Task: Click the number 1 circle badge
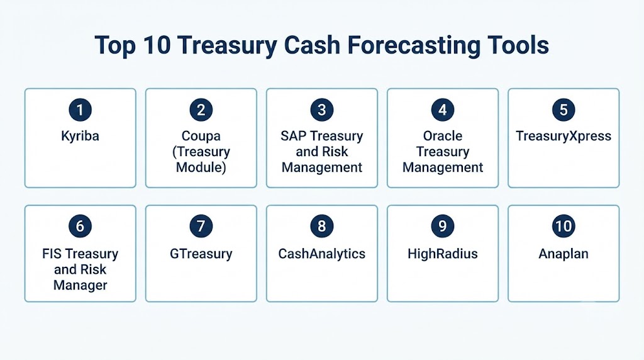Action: tap(80, 110)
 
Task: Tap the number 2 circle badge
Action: tap(201, 110)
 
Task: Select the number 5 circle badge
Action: tap(563, 110)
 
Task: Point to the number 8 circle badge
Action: tap(321, 226)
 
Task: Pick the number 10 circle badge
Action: tap(563, 226)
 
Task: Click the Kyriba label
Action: tap(80, 137)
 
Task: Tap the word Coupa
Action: tap(201, 137)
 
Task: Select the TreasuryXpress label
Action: tap(563, 137)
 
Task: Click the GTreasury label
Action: tap(201, 254)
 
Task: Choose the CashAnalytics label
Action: tap(321, 254)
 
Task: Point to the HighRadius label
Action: tap(442, 254)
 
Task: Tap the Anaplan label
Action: tap(563, 254)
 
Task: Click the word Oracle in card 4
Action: tap(443, 136)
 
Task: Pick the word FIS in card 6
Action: tap(52, 254)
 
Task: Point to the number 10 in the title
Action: tap(157, 45)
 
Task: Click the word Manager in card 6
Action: tap(80, 286)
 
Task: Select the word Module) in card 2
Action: tap(201, 167)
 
